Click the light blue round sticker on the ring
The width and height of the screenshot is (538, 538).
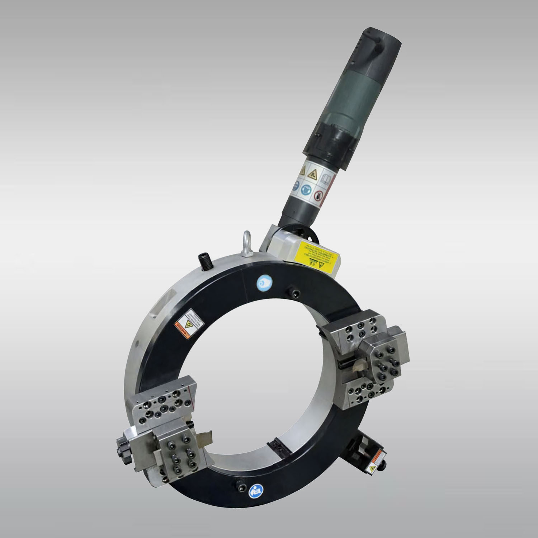[x=264, y=282]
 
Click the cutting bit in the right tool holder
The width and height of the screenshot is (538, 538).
[x=358, y=366]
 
